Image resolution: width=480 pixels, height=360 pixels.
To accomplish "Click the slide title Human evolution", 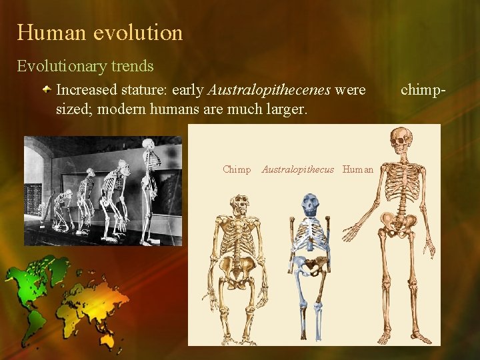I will tap(99, 32).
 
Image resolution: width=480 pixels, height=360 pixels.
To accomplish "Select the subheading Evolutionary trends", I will tap(85, 67).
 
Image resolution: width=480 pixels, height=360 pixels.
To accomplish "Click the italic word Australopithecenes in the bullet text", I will tap(269, 89).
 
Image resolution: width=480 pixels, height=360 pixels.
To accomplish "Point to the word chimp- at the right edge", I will tap(422, 89).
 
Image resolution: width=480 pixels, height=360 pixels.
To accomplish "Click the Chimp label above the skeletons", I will tap(237, 170).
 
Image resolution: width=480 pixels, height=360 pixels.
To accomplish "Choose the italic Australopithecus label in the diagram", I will tap(297, 170).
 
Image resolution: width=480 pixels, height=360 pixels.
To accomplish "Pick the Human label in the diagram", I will tap(358, 170).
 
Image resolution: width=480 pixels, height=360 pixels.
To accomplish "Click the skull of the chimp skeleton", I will tap(238, 205).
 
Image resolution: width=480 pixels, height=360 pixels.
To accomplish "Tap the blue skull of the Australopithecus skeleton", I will tap(310, 204).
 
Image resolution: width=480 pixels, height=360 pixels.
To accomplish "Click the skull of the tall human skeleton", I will tap(400, 141).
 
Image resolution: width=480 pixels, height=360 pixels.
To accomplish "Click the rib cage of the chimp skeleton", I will tap(237, 237).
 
